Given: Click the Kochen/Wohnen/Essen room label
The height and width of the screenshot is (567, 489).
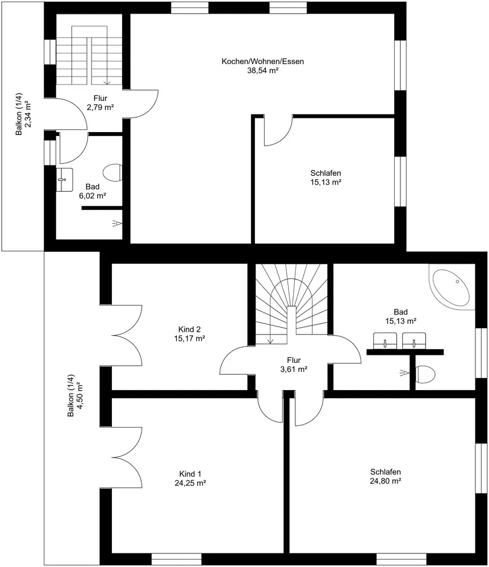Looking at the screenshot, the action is click(262, 61).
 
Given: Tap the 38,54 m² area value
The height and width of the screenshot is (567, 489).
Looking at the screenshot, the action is click(262, 70).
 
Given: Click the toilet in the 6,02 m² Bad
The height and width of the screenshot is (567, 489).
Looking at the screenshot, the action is click(112, 172).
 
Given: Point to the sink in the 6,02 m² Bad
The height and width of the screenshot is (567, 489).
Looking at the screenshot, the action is click(65, 179).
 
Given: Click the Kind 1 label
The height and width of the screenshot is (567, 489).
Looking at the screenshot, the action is click(190, 473).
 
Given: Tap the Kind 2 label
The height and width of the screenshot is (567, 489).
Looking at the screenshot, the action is click(190, 329).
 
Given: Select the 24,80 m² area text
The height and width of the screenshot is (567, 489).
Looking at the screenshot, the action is click(386, 481).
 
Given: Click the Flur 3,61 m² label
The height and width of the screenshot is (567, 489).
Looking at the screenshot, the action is click(294, 365).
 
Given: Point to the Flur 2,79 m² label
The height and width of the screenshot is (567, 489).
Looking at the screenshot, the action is click(101, 103).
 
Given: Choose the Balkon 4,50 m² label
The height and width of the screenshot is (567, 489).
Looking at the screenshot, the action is click(76, 395).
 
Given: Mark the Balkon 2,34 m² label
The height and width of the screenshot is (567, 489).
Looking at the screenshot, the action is click(23, 115).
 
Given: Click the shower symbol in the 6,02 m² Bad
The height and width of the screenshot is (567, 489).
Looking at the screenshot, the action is click(116, 224).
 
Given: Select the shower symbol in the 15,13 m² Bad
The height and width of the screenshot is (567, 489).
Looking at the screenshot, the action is click(404, 373).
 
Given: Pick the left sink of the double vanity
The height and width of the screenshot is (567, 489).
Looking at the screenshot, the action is click(385, 341).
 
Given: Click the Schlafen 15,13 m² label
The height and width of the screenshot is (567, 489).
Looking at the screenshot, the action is click(325, 177).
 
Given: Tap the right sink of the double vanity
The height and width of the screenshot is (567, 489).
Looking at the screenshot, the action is click(414, 341).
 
